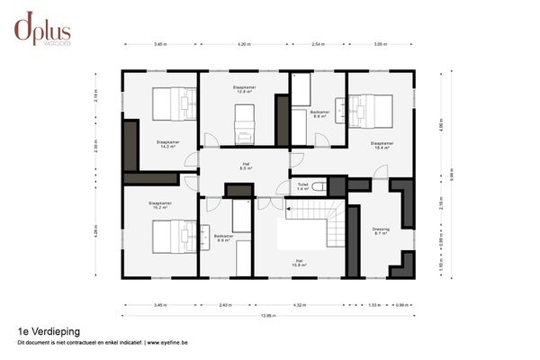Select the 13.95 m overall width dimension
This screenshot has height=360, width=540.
(268, 315)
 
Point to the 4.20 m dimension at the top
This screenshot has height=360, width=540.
(244, 43)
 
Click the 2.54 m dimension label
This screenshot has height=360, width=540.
(318, 43)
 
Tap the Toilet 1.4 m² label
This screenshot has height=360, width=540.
(303, 186)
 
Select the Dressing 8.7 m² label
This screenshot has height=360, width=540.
(381, 231)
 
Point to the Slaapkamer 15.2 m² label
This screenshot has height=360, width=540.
(161, 206)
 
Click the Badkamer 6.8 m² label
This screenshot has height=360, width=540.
(319, 114)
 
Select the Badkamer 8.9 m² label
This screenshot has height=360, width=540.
(224, 238)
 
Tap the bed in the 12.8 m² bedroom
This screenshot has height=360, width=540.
(244, 124)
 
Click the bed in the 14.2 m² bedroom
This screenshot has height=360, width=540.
(173, 103)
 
